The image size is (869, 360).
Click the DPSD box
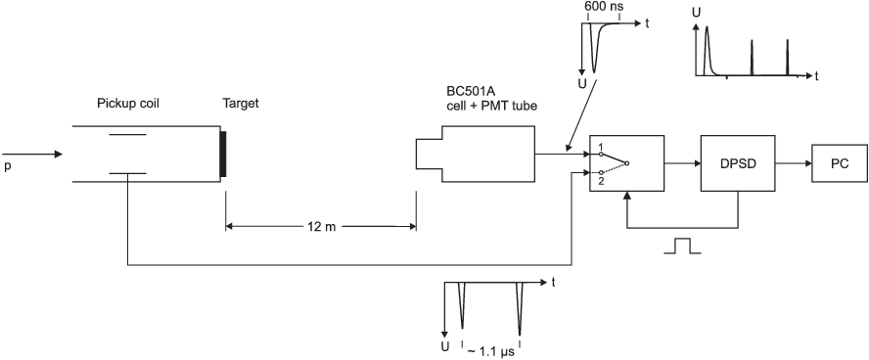pos(738,162)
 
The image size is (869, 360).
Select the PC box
pos(839,162)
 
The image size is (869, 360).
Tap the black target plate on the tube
pos(223,154)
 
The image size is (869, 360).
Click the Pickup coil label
pos(128,104)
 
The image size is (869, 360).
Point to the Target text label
pos(241,104)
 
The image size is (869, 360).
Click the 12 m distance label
pos(320,227)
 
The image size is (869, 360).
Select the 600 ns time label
pos(603,8)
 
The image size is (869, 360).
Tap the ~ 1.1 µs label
pos(491,350)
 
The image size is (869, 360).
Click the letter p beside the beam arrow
pos(7,166)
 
